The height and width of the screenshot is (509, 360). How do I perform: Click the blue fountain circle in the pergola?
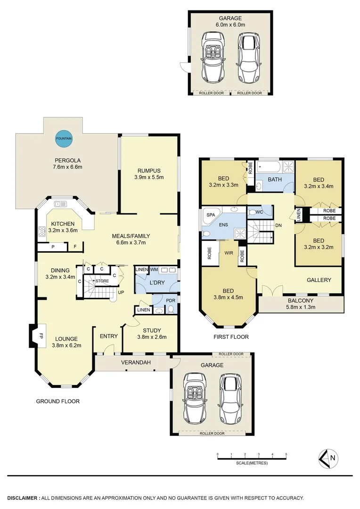tap(64, 138)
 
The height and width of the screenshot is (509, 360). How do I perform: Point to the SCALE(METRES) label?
tap(252, 463)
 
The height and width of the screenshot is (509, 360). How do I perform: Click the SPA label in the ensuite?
tap(210, 214)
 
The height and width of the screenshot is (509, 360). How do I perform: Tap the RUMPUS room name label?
tap(149, 171)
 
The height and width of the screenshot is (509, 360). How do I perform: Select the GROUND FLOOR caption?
tap(58, 402)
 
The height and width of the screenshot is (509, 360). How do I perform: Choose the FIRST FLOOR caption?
tap(230, 337)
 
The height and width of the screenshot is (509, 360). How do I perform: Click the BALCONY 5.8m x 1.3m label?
tap(300, 304)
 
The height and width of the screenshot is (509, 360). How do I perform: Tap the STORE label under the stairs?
tap(102, 281)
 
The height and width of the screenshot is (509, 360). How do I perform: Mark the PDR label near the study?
tap(170, 299)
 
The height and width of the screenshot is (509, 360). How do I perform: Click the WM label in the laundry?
tap(154, 269)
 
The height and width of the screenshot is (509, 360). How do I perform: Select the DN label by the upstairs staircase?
tap(278, 226)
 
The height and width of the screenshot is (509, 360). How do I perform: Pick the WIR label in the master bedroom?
tap(229, 253)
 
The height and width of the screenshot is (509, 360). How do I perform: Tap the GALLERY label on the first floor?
tap(319, 280)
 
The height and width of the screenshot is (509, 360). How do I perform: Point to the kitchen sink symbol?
tap(60, 204)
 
